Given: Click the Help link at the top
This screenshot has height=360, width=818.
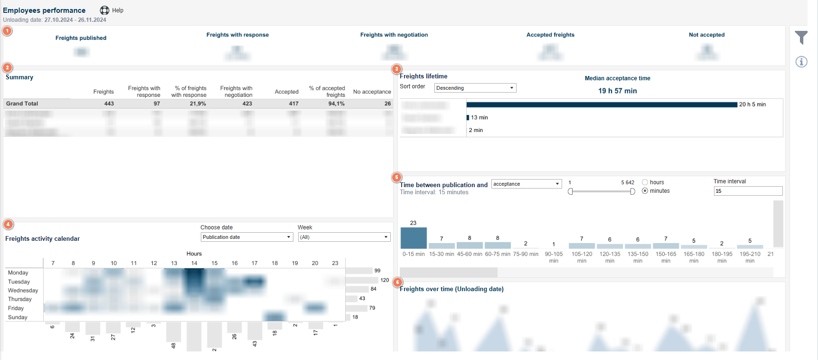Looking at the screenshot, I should (117, 10).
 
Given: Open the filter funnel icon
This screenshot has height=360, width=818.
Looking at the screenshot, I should (801, 38).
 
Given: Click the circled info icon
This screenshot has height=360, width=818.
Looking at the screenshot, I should (801, 62).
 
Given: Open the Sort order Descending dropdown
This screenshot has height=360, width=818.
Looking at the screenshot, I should (475, 88).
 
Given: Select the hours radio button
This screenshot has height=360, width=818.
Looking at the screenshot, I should (645, 182).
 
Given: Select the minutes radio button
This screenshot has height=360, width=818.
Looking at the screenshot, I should (645, 191).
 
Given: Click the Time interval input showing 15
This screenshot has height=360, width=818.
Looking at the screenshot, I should (748, 191).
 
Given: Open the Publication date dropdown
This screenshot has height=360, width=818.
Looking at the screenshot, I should (246, 237).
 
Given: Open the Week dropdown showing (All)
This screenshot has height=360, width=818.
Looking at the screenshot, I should (344, 237).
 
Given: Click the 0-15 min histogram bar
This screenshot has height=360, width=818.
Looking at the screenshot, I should (414, 238).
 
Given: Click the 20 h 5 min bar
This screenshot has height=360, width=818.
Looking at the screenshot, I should (602, 104).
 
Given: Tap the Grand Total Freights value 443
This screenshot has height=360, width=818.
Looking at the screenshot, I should (109, 104).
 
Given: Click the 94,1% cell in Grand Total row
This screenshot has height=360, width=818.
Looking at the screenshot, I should (336, 104).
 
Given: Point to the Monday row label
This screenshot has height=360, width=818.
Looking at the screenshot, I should (18, 273).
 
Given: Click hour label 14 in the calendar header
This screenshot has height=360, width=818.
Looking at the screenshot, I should (194, 263).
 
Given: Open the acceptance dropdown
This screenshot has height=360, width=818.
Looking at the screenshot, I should (526, 184).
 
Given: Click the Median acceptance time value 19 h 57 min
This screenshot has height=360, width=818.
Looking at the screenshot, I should (617, 91).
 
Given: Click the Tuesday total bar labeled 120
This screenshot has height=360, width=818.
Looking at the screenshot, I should (362, 280).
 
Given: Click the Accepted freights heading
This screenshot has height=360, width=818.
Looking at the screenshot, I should (550, 35).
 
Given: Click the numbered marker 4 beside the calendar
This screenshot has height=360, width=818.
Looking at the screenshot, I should (8, 225).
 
